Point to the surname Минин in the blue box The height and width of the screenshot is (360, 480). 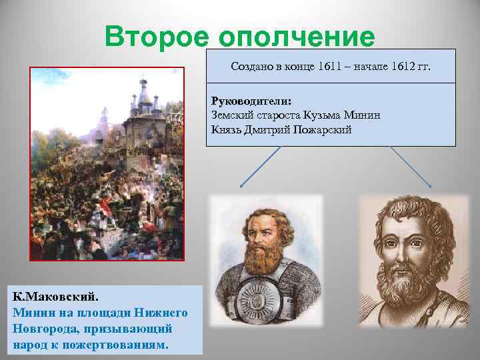pyautogui.click(x=364, y=115)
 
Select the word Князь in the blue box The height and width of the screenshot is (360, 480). pyautogui.click(x=226, y=129)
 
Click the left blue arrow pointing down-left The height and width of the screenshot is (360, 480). pyautogui.click(x=258, y=167)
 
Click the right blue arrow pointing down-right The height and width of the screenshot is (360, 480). pyautogui.click(x=411, y=167)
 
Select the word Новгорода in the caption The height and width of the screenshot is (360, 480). pyautogui.click(x=41, y=329)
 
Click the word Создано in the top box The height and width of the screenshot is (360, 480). pyautogui.click(x=250, y=67)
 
